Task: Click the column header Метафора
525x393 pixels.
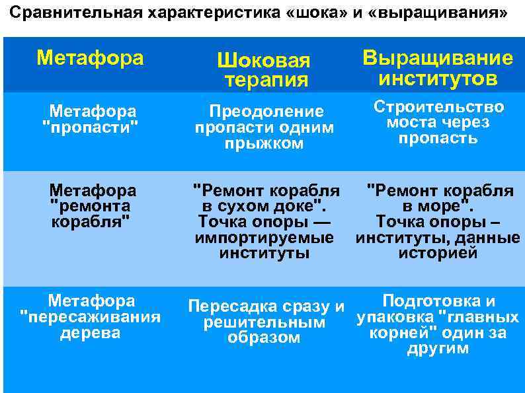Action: tap(90, 58)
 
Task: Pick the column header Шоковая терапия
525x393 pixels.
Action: tap(264, 71)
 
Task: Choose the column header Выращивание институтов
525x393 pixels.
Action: tap(438, 68)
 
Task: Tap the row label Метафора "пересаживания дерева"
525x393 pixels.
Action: tap(91, 317)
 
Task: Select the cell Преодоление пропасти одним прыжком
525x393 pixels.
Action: tap(264, 127)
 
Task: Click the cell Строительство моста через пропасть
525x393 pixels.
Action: tap(438, 123)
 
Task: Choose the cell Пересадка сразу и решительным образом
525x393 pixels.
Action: tap(264, 322)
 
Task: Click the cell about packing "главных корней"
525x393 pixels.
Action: tap(438, 325)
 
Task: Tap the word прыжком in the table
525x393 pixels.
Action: tap(264, 144)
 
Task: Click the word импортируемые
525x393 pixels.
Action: tap(264, 238)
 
